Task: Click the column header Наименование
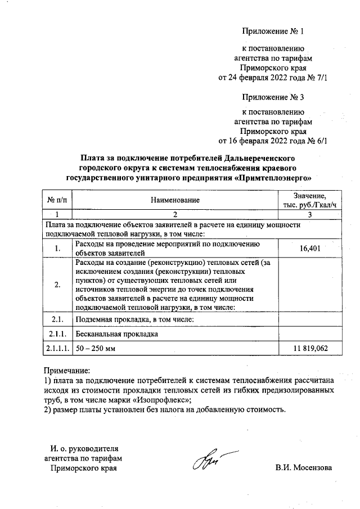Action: (x=175, y=200)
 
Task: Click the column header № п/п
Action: (x=57, y=200)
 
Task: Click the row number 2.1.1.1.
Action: (x=58, y=349)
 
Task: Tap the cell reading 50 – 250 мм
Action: (x=96, y=349)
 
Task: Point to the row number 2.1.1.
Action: (x=58, y=334)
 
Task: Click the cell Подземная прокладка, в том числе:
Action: (x=134, y=319)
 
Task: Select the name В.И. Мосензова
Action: (x=304, y=467)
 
